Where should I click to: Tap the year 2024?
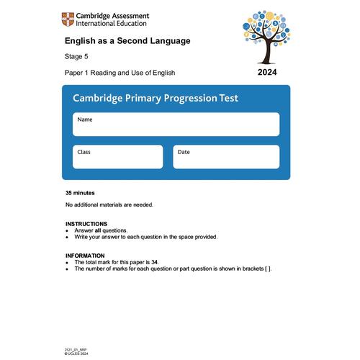point(266,73)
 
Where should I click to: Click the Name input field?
point(176,124)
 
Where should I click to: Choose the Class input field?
point(117,156)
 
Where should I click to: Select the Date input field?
point(225,156)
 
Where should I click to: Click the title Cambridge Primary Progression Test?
point(155,98)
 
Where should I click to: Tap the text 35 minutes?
point(80,193)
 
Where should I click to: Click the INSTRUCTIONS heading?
point(86,224)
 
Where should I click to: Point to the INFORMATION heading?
point(85,256)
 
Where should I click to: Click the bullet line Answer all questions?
point(102,230)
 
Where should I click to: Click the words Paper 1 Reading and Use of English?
point(120,73)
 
